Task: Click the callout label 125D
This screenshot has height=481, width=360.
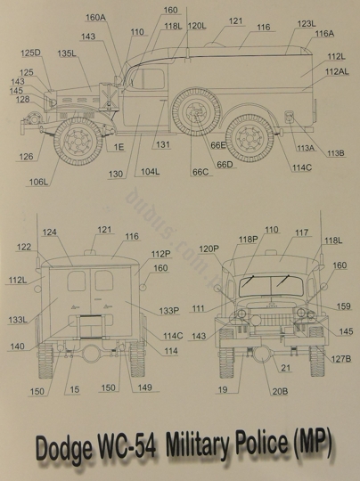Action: (30, 53)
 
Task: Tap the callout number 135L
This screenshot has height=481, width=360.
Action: (67, 53)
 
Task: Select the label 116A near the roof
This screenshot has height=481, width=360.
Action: (324, 34)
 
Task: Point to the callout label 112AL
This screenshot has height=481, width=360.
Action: (337, 72)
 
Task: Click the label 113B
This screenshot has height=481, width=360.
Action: (335, 153)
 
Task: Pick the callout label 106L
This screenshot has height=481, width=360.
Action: (38, 183)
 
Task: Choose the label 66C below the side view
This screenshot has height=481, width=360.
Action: (200, 172)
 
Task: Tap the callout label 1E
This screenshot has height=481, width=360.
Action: (119, 147)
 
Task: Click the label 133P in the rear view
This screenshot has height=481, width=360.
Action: (169, 311)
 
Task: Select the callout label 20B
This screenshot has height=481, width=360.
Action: (280, 391)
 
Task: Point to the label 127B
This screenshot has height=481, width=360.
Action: (341, 359)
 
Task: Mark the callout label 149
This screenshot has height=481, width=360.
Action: (145, 387)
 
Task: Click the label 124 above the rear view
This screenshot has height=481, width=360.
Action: (49, 232)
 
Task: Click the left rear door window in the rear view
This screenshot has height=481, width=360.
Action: (77, 281)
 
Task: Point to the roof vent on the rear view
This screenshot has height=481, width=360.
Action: (90, 252)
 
